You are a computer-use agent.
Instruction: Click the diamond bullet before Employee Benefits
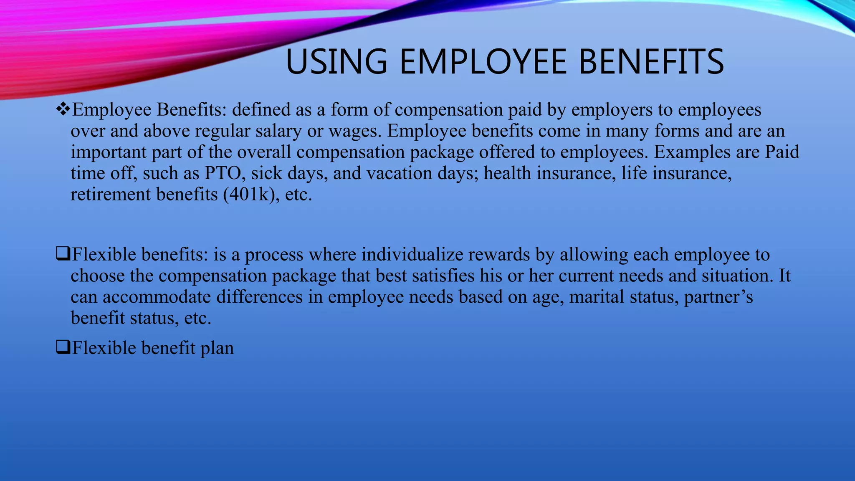(x=63, y=110)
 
